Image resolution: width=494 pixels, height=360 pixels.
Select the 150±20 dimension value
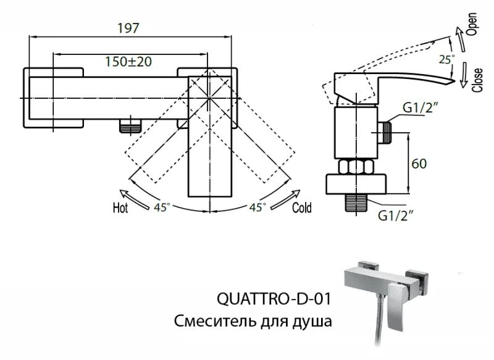point(128,61)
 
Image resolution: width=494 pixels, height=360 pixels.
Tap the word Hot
point(120,207)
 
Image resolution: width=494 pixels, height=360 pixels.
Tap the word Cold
point(302,207)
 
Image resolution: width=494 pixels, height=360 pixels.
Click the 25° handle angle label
point(446,60)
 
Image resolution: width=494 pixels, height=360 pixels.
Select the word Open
point(472,25)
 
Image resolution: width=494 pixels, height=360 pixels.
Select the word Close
point(477,79)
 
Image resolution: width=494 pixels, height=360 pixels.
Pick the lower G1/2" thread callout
point(395,214)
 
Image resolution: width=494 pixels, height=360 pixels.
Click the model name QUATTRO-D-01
point(274,299)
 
